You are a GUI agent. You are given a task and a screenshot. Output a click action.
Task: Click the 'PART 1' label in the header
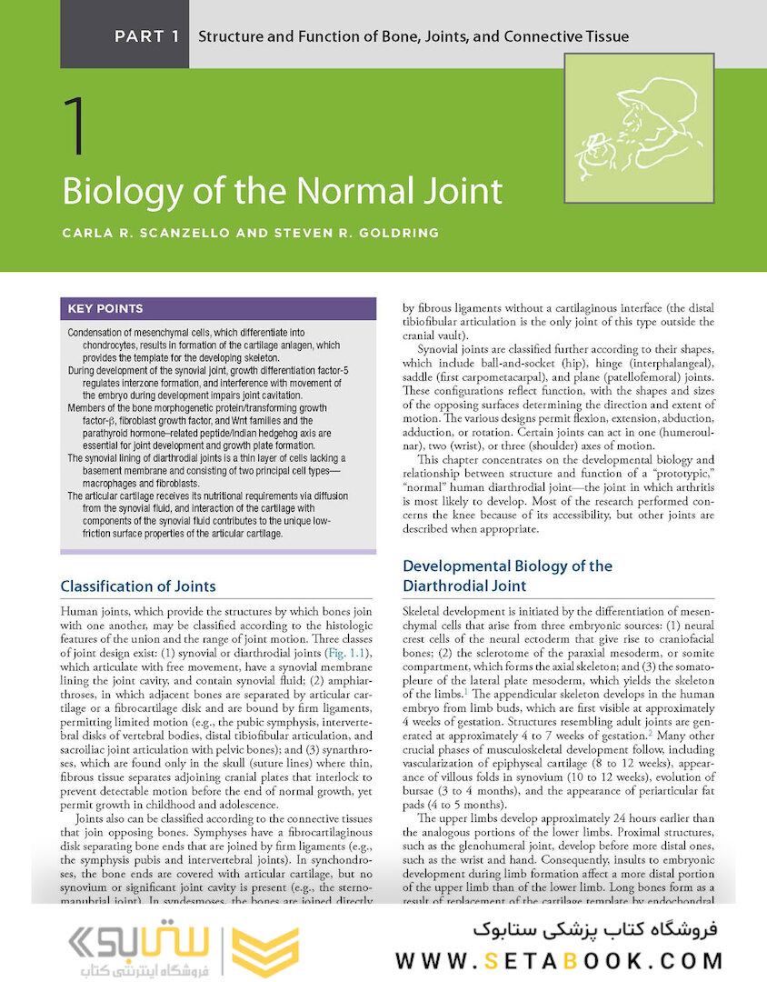point(146,37)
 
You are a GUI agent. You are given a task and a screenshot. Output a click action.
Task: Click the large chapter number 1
point(76,126)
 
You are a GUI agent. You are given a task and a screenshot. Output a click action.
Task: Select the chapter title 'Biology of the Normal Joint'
point(282,192)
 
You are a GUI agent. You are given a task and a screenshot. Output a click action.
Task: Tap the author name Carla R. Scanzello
point(145,233)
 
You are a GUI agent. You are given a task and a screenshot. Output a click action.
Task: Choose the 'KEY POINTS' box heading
point(105,308)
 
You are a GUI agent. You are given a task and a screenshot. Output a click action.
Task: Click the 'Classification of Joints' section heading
point(138,586)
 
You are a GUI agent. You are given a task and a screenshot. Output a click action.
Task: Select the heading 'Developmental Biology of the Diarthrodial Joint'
point(507,576)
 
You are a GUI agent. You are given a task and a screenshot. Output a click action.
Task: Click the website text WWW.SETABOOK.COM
point(559,960)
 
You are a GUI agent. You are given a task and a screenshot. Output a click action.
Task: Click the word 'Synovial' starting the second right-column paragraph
point(441,350)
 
